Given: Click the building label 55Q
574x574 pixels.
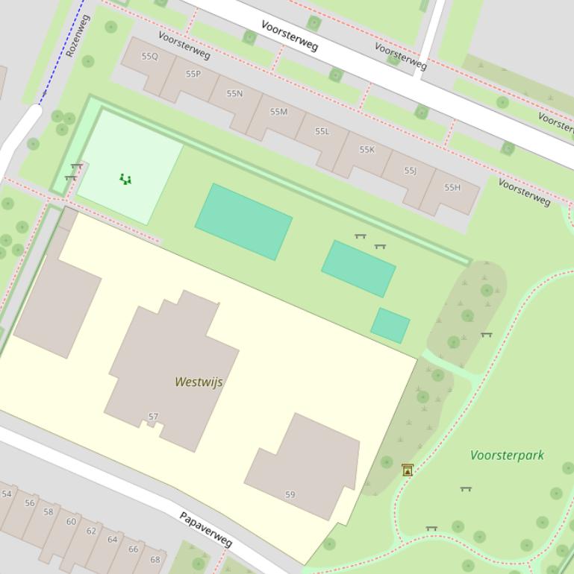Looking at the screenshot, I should coord(150,57).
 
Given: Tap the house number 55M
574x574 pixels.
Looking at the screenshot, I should coord(278,112).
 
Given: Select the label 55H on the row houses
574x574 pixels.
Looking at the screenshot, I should coord(452,187).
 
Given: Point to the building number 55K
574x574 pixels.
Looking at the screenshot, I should coord(366,150).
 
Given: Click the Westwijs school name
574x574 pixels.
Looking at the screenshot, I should coord(199,382).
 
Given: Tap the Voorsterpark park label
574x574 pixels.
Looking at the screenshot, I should coord(507,455).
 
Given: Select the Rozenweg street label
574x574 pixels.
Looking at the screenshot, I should coord(78,35).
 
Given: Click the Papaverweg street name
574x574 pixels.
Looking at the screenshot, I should coord(206,529).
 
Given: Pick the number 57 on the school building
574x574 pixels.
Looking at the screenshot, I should coord(153,417).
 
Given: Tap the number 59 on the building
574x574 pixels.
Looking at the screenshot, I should coord(290,494).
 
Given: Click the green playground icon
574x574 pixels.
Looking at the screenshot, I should coord(125,179).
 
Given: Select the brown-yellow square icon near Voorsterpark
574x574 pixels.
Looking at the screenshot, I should coord(408,470).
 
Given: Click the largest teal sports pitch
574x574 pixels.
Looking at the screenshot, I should coord(243,221).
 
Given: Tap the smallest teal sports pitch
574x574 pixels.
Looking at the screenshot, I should coord(390,326).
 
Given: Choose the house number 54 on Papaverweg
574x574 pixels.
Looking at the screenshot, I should coord(7,493).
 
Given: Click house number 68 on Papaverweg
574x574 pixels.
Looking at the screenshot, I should coord(155,559).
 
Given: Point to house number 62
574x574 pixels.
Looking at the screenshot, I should coord(91,531).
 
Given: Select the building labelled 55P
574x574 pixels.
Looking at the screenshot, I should coord(193,75).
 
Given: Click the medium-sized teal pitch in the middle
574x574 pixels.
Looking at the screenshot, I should coord(358,268).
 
